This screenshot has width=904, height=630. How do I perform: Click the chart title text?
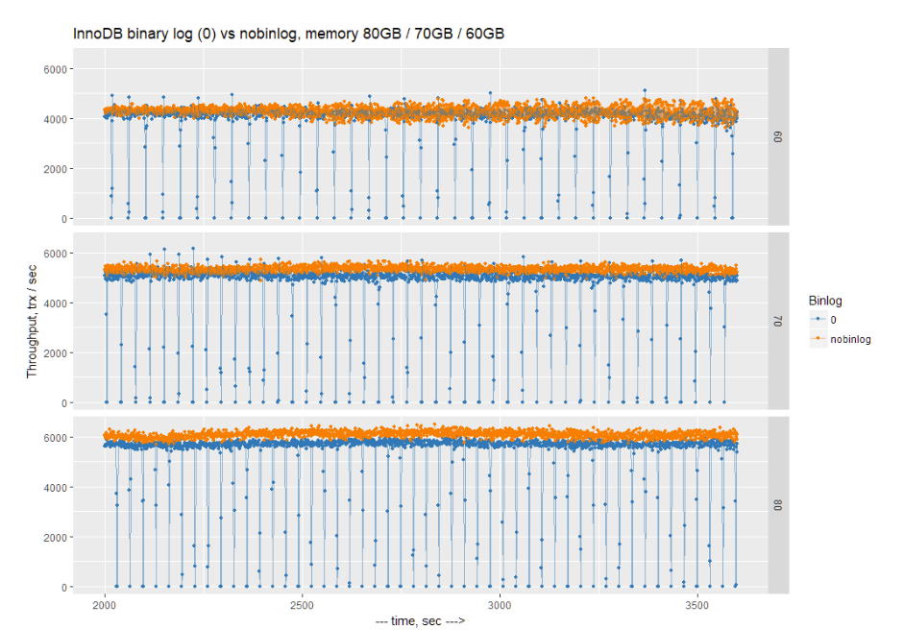point(289,34)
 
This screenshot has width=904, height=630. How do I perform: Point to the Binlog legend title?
point(825,299)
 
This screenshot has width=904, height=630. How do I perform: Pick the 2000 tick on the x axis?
point(105,606)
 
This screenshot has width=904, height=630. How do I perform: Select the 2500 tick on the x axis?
point(303,606)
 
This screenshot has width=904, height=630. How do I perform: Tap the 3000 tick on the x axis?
point(500,606)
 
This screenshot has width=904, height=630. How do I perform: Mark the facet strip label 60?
point(777,137)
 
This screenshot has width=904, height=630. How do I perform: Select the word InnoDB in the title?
point(97,34)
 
